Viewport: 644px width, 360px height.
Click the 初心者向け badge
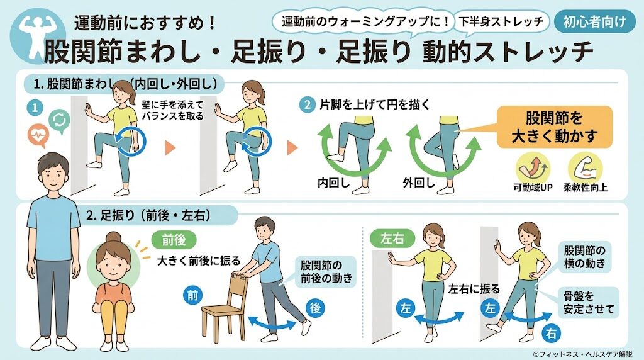click(594, 22)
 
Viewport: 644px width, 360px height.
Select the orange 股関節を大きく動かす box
click(554, 127)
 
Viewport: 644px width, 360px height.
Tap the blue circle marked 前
click(191, 293)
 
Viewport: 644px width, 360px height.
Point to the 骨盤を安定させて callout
click(589, 301)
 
